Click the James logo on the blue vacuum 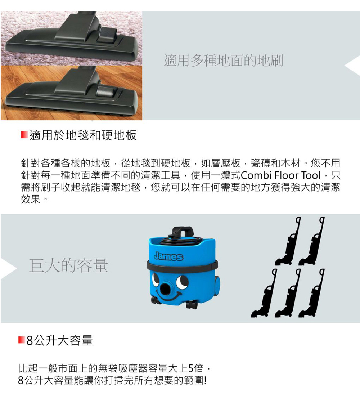coord(168,256)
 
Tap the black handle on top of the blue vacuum coord(183,231)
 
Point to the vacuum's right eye coord(182,281)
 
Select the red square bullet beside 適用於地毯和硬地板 coord(24,135)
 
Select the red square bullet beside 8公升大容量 coord(22,340)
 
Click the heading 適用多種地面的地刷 coord(223,61)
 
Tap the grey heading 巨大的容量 coord(68,265)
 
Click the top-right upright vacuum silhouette coord(311,241)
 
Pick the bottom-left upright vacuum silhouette coord(264,293)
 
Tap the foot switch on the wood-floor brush coord(106,91)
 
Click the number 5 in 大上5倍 coord(191,368)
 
